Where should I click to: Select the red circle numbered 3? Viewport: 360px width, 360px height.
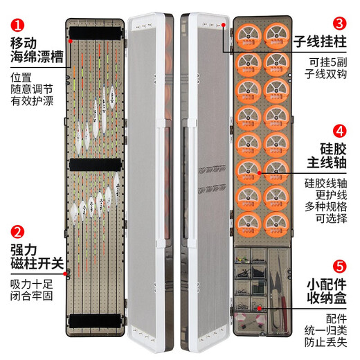pos(340,25)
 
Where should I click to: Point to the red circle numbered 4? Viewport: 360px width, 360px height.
pos(340,129)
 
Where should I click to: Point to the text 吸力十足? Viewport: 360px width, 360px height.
pos(31,284)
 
